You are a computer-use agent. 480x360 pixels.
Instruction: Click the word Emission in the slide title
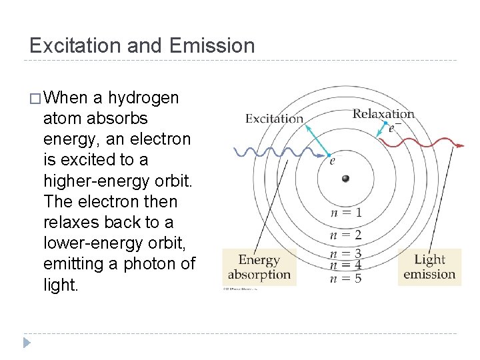click(x=212, y=45)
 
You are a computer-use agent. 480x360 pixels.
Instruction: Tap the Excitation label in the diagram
click(x=274, y=119)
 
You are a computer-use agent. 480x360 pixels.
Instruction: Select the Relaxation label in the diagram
click(x=383, y=113)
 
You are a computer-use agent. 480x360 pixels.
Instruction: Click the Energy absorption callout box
click(x=259, y=267)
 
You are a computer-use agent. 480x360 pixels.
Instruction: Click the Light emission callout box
click(x=429, y=267)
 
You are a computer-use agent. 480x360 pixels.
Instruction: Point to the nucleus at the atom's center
click(x=345, y=178)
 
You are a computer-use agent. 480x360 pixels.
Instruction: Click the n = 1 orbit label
click(x=346, y=213)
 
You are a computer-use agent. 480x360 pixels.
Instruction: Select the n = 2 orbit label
click(x=346, y=235)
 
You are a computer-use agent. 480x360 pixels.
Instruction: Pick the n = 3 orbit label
click(x=346, y=253)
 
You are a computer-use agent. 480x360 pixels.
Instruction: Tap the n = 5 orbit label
click(x=346, y=278)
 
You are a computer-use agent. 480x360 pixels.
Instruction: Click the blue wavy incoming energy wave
click(x=267, y=151)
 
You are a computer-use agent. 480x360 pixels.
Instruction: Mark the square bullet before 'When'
click(x=35, y=99)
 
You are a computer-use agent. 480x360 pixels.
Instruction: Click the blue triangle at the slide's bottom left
click(x=26, y=343)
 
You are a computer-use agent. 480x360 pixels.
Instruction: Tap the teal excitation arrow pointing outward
click(x=316, y=140)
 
